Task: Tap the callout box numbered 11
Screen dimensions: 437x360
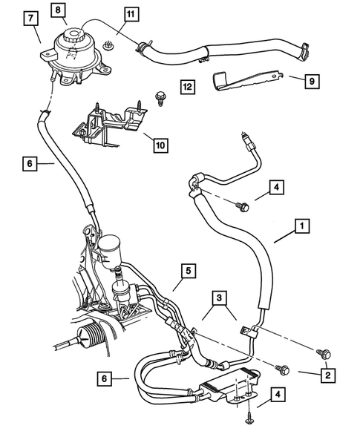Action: pos(130,14)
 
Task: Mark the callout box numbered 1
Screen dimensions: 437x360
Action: pos(302,223)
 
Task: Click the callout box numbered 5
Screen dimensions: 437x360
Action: pos(189,272)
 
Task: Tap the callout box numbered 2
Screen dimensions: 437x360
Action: pos(325,376)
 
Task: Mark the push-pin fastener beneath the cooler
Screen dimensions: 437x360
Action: pos(248,420)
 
